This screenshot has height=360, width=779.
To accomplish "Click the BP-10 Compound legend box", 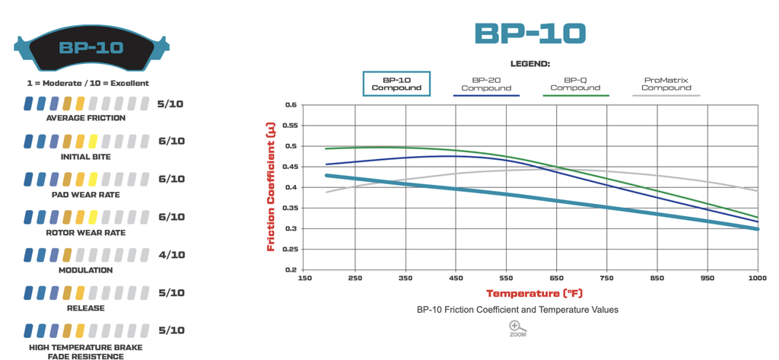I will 396,83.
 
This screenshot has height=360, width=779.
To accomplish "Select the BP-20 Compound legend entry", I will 486,84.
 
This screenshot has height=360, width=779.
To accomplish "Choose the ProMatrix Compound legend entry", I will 666,84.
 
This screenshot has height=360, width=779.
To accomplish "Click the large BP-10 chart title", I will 530,33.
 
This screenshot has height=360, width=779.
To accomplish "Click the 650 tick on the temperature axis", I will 557,279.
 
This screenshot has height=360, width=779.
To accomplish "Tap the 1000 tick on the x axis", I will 757,279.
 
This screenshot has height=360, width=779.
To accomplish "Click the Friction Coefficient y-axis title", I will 271,187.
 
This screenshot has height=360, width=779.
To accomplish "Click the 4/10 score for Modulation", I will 170,255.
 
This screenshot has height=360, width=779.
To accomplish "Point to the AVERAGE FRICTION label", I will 86,118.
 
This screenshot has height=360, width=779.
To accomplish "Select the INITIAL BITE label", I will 86,156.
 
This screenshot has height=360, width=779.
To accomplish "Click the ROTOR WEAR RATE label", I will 86,232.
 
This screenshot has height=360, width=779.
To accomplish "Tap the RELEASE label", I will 86,308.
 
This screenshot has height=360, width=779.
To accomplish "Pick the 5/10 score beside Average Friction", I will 170,104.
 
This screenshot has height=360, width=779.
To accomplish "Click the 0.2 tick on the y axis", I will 291,269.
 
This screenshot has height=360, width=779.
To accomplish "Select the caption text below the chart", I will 517,310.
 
